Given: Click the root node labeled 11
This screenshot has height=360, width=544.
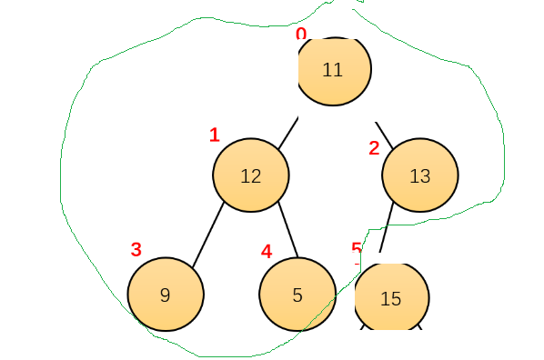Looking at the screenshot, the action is pos(335,71).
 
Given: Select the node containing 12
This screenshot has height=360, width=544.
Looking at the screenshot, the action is pos(251,175).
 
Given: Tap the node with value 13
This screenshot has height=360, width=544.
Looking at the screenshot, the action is pos(420,175).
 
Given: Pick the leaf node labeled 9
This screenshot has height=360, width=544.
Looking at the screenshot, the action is pos(166,295).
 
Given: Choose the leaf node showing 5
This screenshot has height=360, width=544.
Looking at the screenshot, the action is pos(297,295).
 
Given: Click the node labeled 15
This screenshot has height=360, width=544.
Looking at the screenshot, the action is pos(392,297).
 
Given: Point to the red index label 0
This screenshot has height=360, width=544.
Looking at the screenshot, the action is pos(301,34).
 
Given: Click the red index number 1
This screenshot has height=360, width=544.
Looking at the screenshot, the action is pos(215,135).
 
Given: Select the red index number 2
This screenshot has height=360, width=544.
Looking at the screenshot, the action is pos(374,148).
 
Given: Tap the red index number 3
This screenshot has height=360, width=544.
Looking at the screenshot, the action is pos(136,249).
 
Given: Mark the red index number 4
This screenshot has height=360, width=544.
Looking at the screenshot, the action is pos(267,252).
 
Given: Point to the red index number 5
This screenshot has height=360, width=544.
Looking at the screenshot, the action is pos(357,247).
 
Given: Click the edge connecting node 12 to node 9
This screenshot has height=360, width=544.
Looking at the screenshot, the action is pos(208,235).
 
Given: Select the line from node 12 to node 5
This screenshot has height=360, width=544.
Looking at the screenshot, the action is pos(288,229).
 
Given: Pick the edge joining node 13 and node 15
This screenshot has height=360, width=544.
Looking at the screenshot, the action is pos(387,227).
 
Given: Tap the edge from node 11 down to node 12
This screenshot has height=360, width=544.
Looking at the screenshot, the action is pos(288,134).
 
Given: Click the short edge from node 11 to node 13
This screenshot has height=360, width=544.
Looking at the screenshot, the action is pos(384,135).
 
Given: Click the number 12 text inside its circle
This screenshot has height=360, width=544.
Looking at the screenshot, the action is pos(251,176).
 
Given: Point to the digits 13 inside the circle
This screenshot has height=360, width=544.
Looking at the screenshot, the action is pos(420,176).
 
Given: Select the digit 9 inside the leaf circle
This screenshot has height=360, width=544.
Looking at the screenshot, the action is pos(166,295).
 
